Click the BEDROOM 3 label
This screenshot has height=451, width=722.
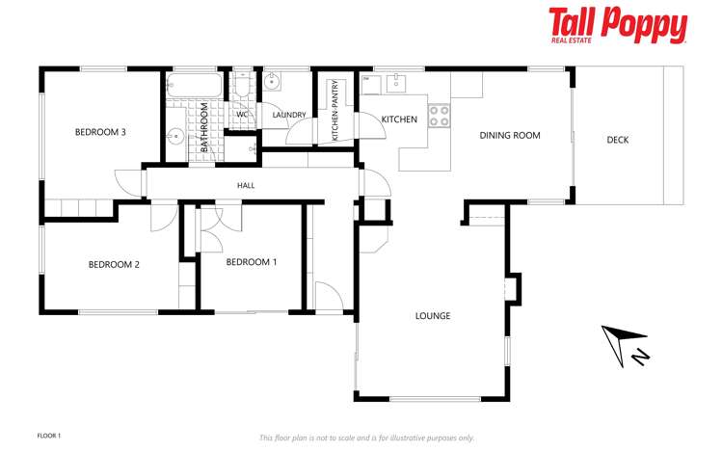coord(101,132)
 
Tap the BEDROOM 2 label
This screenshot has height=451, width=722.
coord(115,264)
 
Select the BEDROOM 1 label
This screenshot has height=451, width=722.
coord(252,261)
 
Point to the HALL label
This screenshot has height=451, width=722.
coord(246,184)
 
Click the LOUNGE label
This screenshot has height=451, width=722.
coord(433,316)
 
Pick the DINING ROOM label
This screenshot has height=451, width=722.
coord(510,136)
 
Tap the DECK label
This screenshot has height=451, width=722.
coord(618,141)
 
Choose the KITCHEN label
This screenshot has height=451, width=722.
coord(399,119)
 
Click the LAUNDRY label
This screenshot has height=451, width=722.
coord(289,116)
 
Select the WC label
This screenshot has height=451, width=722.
coord(243,115)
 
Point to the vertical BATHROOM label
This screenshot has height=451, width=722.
coord(204,127)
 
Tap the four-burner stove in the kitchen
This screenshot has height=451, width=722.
coord(440,116)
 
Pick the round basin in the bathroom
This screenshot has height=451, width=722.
coord(176,135)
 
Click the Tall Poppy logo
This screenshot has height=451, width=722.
coord(617,25)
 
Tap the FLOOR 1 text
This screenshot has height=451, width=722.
coord(48,436)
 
